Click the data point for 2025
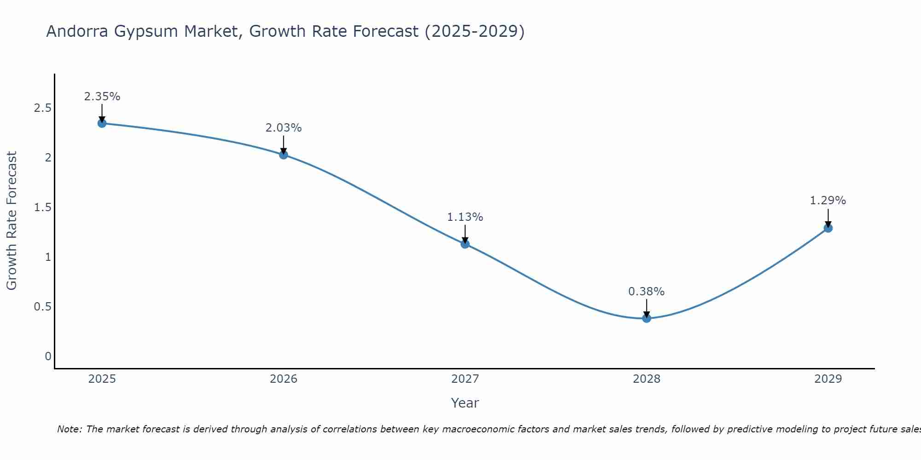[102, 123]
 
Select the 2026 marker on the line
[284, 155]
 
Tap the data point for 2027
[465, 244]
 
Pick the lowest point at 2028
[647, 318]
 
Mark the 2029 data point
[828, 228]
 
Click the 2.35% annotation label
[102, 97]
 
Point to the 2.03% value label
[284, 128]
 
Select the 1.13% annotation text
[465, 217]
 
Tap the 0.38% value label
[647, 292]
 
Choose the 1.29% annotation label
[828, 201]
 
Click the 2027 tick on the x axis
[465, 379]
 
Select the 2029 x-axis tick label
[828, 379]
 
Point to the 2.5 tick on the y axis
[42, 108]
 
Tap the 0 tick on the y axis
[48, 356]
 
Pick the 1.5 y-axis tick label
[42, 207]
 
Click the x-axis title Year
[465, 403]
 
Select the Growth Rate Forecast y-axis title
[12, 221]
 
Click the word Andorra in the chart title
[77, 31]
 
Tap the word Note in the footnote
[69, 429]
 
